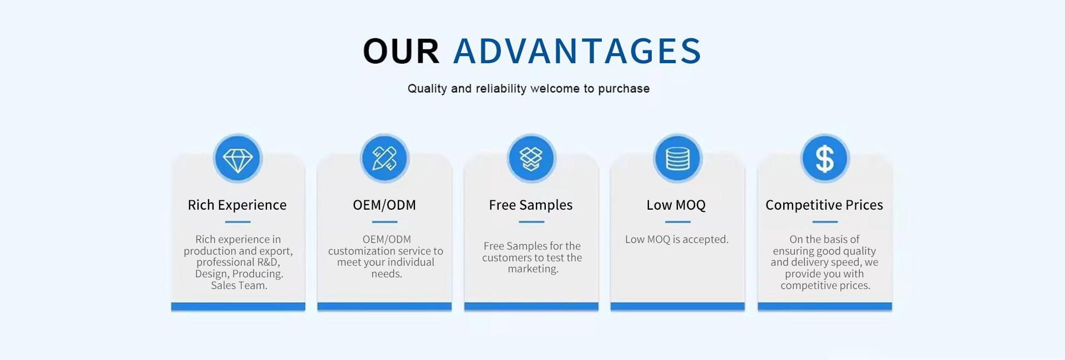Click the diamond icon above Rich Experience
(237, 159)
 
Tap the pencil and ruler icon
(384, 159)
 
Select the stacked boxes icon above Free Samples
(531, 159)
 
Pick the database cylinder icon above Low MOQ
(677, 159)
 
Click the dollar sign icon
(824, 159)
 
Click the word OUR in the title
(401, 51)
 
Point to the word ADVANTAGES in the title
(577, 51)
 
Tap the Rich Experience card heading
(237, 205)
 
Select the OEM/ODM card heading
(384, 205)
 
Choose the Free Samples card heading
(531, 205)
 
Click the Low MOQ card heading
(676, 205)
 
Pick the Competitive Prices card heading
(824, 205)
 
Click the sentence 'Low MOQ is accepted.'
(677, 239)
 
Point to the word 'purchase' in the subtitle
(623, 89)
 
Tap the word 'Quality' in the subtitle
(427, 89)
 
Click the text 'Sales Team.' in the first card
(239, 286)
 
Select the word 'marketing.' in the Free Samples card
(533, 269)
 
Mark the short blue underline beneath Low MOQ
(677, 222)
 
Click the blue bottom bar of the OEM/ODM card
(384, 306)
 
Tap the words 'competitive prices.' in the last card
(825, 286)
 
